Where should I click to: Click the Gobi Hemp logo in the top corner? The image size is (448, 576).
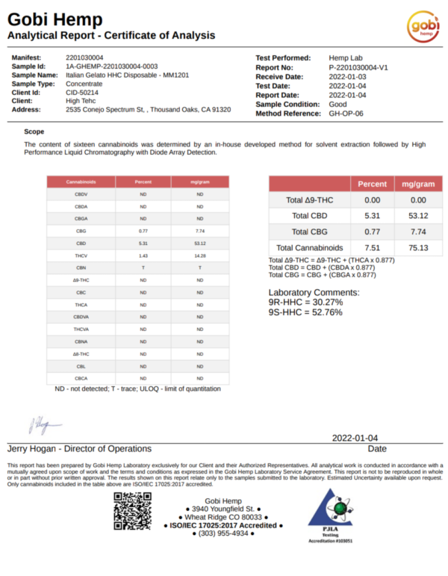[423, 28]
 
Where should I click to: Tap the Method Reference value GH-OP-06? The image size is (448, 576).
[346, 113]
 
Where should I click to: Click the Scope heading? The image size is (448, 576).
[34, 131]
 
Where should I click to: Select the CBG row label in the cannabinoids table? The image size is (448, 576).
[81, 231]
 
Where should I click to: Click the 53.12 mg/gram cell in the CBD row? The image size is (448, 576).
[199, 243]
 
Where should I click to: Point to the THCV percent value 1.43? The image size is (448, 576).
[143, 256]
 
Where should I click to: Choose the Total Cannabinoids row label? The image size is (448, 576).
[309, 247]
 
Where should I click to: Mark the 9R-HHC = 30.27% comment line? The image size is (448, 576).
[305, 303]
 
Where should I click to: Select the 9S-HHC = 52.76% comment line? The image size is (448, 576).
[305, 312]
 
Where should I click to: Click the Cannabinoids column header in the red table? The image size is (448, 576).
[81, 182]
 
